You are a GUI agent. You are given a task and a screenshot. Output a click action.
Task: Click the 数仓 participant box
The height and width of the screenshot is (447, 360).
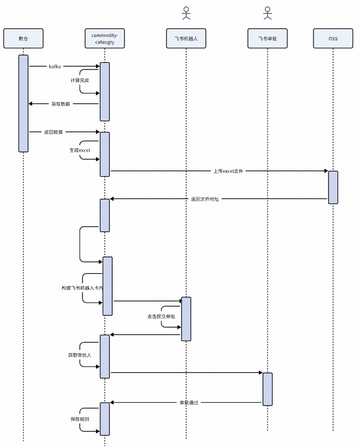tap(24, 38)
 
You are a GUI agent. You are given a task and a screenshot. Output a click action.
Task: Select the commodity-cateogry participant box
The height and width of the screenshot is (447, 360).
tap(105, 38)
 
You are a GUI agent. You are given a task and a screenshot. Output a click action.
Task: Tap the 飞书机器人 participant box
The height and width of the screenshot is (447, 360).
tap(186, 38)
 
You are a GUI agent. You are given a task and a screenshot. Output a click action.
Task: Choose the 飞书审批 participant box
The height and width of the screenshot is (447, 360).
tap(267, 38)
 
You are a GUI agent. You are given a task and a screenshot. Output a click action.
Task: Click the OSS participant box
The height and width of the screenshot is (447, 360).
tap(333, 38)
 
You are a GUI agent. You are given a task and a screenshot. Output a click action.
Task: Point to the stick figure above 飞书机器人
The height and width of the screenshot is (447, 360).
tap(186, 13)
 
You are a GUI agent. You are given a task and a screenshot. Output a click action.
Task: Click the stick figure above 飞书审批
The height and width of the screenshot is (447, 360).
tap(267, 13)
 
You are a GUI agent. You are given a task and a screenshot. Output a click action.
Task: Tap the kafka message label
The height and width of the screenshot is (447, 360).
tap(55, 66)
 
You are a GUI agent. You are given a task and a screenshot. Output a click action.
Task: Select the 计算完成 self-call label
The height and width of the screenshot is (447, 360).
tap(80, 80)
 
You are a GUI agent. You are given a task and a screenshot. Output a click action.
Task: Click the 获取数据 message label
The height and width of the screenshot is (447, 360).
tap(61, 104)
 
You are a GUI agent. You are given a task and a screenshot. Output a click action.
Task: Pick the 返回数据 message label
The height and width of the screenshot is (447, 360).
tap(53, 132)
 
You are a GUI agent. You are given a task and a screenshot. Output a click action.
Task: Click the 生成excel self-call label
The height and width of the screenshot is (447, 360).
tap(80, 150)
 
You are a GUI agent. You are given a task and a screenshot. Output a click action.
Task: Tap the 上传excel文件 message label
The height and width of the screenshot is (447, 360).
tap(228, 171)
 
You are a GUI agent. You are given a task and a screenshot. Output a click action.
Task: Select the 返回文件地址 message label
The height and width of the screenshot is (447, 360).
tap(205, 199)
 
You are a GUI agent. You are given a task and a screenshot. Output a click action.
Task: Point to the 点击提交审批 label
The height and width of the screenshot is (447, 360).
tap(161, 316)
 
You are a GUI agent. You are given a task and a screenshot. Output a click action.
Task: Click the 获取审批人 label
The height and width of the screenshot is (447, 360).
tap(80, 355)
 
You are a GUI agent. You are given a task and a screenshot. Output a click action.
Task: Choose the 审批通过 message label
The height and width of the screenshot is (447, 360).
tap(189, 403)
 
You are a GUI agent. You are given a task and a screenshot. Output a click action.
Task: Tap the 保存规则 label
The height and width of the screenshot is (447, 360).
tap(80, 419)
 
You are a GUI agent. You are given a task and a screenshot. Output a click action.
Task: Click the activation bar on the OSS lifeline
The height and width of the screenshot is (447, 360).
tap(333, 187)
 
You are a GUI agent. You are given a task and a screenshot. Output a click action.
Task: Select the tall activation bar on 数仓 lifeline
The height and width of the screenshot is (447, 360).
tap(24, 104)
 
